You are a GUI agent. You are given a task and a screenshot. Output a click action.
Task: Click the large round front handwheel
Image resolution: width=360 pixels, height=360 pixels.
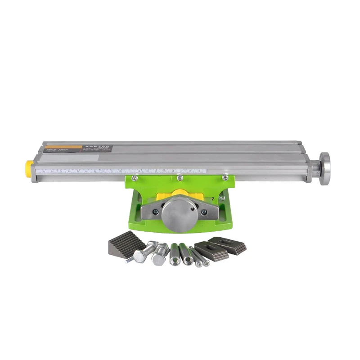click(x=177, y=211)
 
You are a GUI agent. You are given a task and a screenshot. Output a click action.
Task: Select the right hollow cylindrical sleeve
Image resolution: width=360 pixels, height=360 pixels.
click(x=185, y=255)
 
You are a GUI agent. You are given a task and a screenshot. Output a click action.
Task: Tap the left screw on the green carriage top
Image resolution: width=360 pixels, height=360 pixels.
click(x=134, y=179)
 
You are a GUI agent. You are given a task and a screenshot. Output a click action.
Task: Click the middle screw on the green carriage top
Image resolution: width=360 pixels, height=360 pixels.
click(x=180, y=178)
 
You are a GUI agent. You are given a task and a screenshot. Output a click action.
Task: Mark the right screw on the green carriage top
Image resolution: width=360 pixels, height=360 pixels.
click(x=225, y=178)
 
